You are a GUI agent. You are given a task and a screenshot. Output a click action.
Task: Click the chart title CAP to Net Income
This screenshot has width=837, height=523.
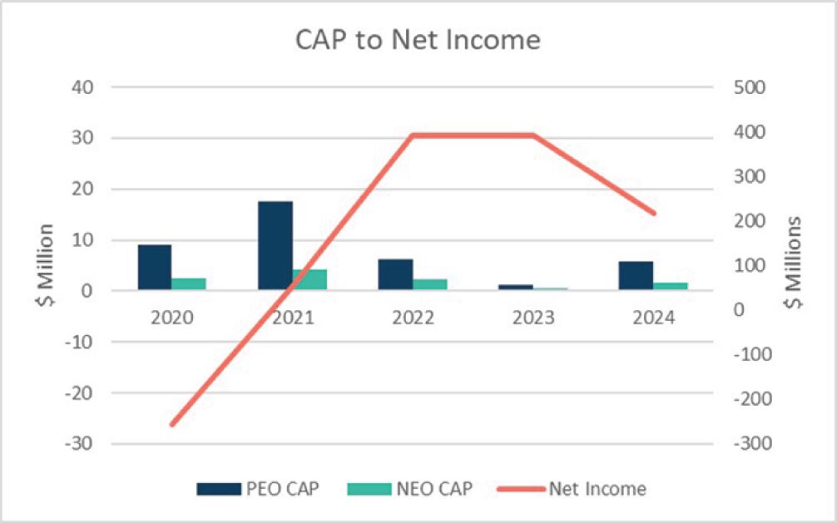tap(418, 40)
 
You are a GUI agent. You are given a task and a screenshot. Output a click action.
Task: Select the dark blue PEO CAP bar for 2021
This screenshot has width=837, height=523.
tap(275, 245)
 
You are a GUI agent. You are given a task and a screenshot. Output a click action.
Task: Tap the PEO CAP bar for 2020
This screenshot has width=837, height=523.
tap(155, 267)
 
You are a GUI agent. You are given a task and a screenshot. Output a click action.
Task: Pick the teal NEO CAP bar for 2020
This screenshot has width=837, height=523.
tap(189, 284)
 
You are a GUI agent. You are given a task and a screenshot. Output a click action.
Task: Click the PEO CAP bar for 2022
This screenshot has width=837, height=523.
tap(395, 274)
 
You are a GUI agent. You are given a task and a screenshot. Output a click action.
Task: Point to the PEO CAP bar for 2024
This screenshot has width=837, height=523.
tap(636, 275)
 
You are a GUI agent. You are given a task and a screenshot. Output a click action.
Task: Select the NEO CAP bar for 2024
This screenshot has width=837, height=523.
tap(670, 286)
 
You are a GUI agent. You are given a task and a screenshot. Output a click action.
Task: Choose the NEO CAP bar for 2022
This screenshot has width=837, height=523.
tap(429, 284)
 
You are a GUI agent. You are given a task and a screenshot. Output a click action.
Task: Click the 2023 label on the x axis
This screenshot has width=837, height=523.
tap(532, 318)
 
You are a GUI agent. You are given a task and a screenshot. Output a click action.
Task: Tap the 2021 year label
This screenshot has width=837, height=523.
tap(292, 318)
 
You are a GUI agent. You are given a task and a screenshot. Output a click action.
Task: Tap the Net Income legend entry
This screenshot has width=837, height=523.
tap(574, 488)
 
